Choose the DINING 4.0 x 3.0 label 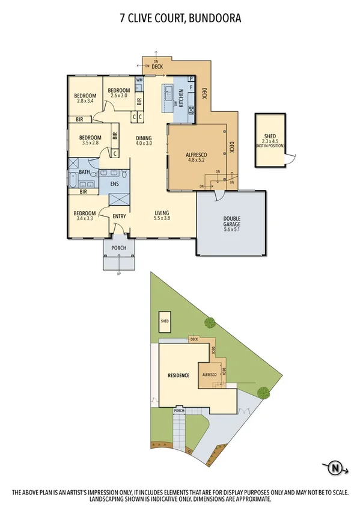[x=143, y=140]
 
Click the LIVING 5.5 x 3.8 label [x=162, y=216]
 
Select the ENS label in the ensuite [x=114, y=183]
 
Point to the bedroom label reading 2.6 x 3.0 [x=118, y=93]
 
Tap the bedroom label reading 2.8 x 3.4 [x=85, y=99]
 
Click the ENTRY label [x=119, y=216]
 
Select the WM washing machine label [x=139, y=80]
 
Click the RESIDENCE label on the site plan [x=178, y=375]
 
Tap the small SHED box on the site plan [x=164, y=321]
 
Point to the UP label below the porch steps [x=118, y=274]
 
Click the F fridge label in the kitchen [x=191, y=88]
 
